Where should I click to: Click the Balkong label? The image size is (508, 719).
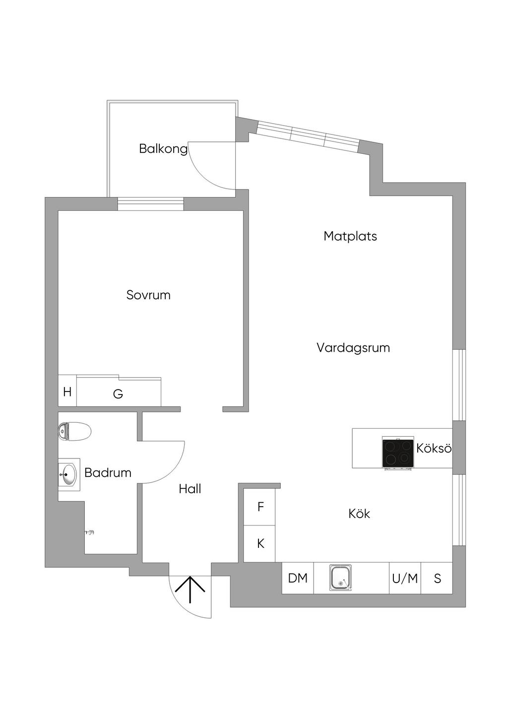163,149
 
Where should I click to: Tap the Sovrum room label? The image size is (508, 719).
148,295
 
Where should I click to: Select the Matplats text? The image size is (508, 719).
350,236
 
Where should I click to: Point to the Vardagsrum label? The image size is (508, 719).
353,348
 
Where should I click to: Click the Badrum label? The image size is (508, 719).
108,472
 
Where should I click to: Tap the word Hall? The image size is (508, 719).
190,489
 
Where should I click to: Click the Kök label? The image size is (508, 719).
359,514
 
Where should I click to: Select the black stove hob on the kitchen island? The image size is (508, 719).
397,453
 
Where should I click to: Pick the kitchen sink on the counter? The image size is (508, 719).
340,578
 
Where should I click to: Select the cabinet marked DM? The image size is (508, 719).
298,578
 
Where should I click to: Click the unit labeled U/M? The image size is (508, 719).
405,578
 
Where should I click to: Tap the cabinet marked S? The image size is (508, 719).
437,578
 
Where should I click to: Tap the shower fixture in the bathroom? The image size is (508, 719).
89,532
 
